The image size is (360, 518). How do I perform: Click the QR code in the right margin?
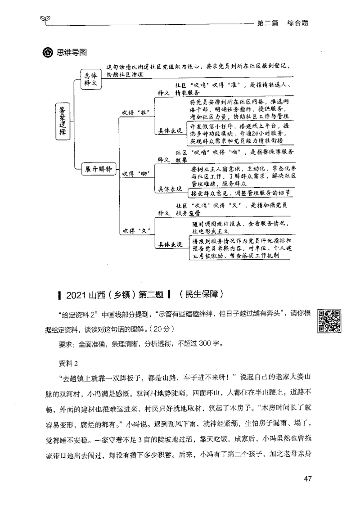328,321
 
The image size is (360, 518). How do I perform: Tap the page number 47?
308,478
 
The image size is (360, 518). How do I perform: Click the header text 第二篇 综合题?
282,23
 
